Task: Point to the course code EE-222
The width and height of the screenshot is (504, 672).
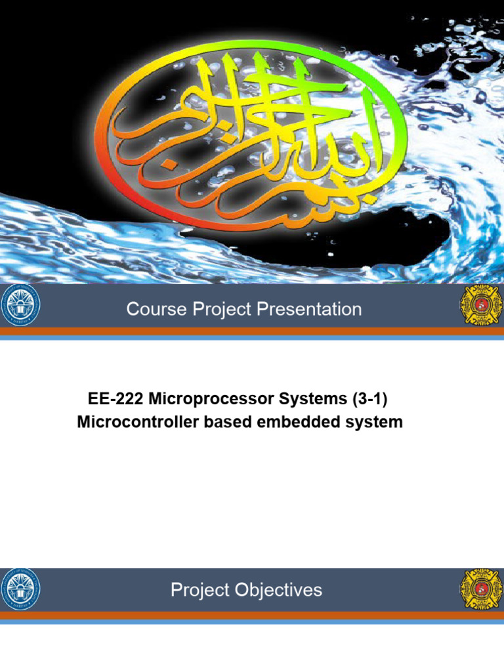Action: pyautogui.click(x=112, y=399)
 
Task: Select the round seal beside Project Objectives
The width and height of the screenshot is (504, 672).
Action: pyautogui.click(x=20, y=589)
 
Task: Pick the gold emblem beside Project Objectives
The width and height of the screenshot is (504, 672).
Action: pyautogui.click(x=480, y=589)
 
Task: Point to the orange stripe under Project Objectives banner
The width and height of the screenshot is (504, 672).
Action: pyautogui.click(x=252, y=615)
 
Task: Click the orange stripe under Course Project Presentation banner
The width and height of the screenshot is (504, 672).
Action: pyautogui.click(x=252, y=331)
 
